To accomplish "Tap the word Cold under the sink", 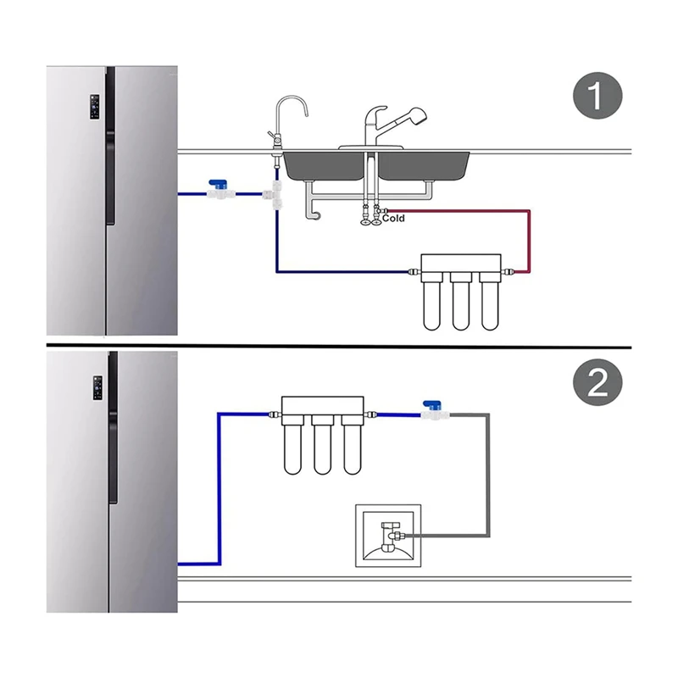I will [392, 219].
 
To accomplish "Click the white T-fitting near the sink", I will [275, 195].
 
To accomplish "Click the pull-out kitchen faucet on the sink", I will [381, 127].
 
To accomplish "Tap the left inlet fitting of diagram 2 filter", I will [272, 415].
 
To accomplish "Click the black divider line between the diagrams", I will [339, 346].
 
